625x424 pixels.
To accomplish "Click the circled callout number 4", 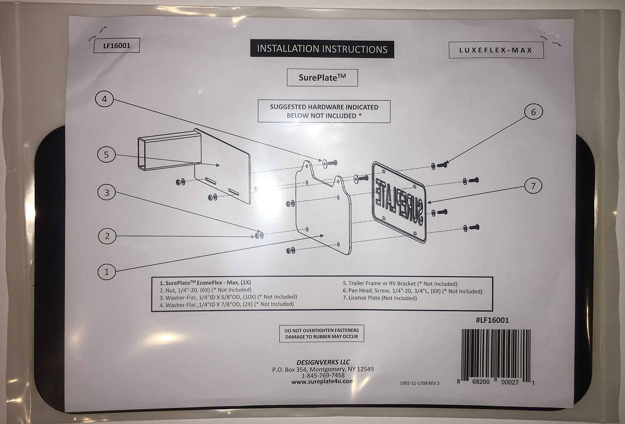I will pyautogui.click(x=104, y=99).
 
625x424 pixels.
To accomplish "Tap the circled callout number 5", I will pyautogui.click(x=106, y=155).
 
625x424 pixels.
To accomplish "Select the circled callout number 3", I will pyautogui.click(x=107, y=192).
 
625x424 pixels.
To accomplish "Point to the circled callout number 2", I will pyautogui.click(x=107, y=236).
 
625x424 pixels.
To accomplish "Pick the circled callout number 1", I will pyautogui.click(x=106, y=272).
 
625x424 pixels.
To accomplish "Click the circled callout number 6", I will pyautogui.click(x=533, y=112).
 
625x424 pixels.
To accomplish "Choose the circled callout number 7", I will pyautogui.click(x=533, y=186).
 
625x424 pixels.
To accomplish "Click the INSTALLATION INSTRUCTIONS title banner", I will pyautogui.click(x=322, y=49).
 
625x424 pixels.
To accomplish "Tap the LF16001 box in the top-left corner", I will pyautogui.click(x=117, y=45).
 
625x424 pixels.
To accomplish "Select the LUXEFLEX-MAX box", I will pyautogui.click(x=496, y=50).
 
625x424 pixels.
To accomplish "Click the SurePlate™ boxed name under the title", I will pyautogui.click(x=322, y=78).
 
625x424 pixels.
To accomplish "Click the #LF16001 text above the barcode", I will pyautogui.click(x=492, y=320).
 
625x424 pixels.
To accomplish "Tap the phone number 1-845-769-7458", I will pyautogui.click(x=323, y=375).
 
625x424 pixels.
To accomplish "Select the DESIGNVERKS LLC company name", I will pyautogui.click(x=323, y=362).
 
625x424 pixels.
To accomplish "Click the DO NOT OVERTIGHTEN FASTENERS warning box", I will pyautogui.click(x=321, y=334).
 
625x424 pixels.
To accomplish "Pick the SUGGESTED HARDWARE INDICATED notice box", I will pyautogui.click(x=324, y=111).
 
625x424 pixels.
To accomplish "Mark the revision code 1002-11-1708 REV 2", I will pyautogui.click(x=419, y=383).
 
